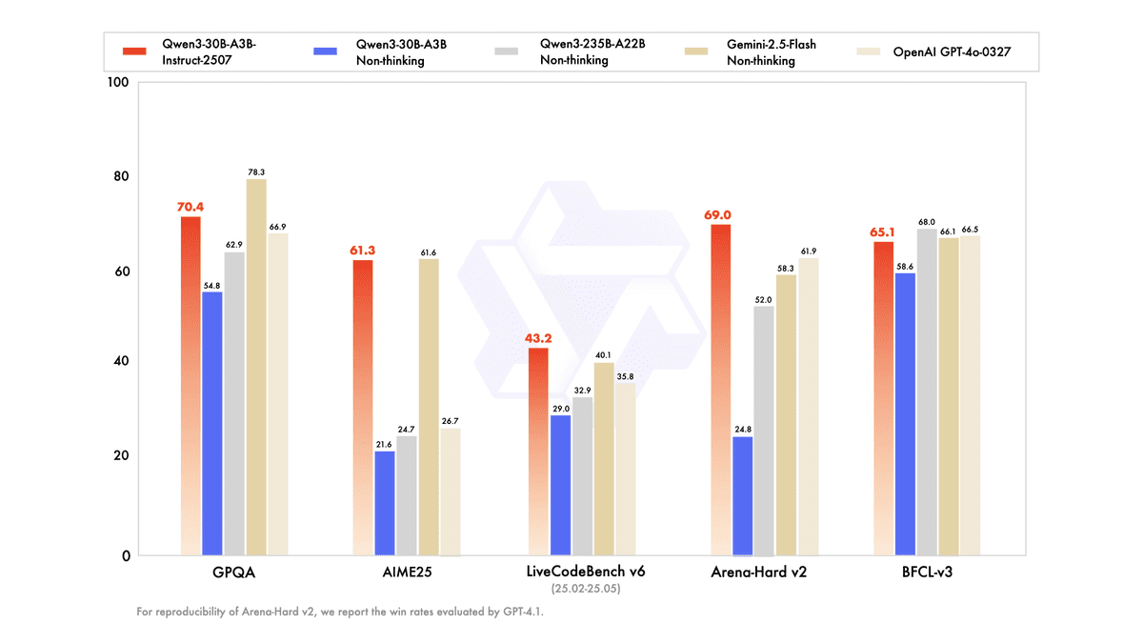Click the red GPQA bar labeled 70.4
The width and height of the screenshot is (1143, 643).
tap(190, 386)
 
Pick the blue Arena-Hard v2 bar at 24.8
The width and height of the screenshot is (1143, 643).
tap(742, 495)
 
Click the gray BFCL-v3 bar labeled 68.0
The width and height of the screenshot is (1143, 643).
tap(927, 392)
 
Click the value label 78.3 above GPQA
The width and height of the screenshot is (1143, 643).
tap(256, 171)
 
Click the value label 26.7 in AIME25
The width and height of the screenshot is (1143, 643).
tap(451, 420)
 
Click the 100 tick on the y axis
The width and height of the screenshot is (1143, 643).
tap(118, 83)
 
